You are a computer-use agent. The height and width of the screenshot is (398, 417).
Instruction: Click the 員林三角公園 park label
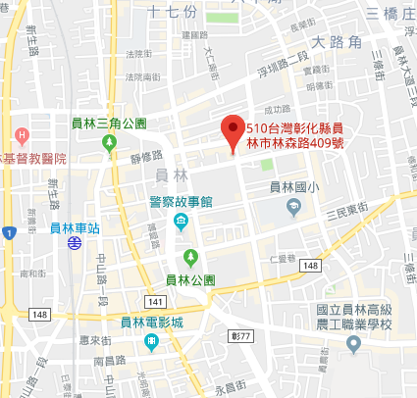click(x=109, y=124)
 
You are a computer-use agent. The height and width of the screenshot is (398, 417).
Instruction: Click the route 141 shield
click(x=154, y=301)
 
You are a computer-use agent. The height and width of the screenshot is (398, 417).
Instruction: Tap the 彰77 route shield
click(x=241, y=334)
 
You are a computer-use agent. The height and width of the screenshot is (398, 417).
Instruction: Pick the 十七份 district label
click(x=173, y=12)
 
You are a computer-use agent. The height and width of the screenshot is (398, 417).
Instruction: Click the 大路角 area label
click(x=337, y=43)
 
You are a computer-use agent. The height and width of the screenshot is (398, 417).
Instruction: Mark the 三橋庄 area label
click(x=389, y=12)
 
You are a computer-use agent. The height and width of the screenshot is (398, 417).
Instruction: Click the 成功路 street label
click(x=277, y=110)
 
